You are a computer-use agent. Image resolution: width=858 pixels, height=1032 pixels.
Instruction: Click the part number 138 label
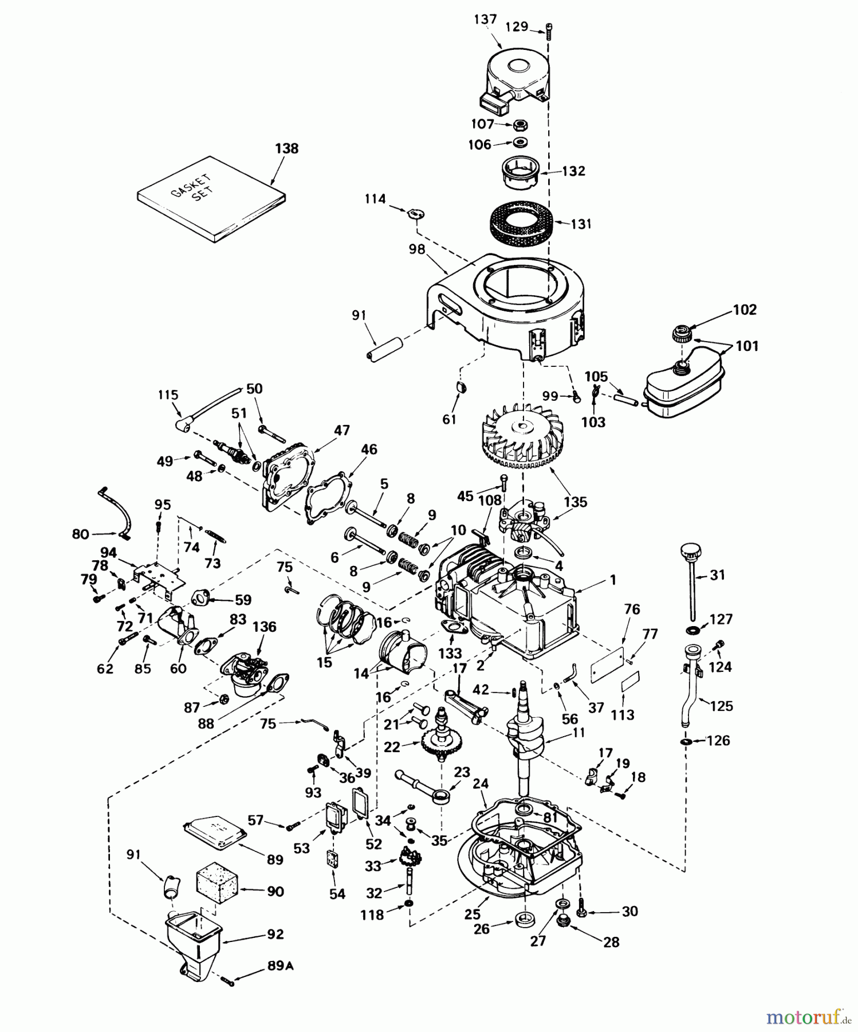tap(286, 148)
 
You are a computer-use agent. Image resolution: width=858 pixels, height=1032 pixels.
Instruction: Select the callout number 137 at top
tap(485, 19)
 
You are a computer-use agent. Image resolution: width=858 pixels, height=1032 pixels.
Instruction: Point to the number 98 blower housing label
tap(417, 249)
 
